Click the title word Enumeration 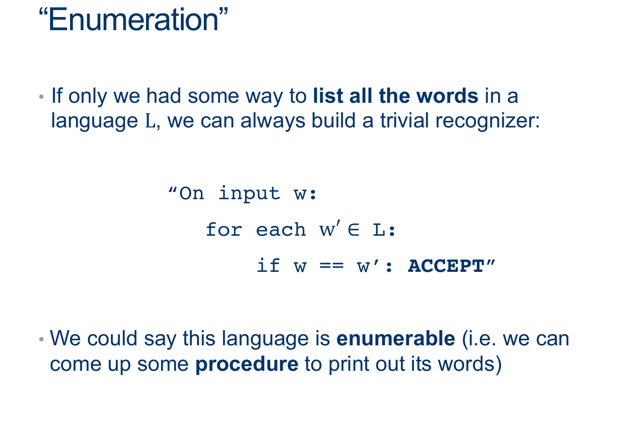133,20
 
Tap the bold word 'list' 328,96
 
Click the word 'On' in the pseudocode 192,193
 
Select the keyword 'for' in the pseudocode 224,229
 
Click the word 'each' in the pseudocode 281,229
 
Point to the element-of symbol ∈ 353,230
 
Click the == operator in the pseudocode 332,266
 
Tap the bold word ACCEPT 446,266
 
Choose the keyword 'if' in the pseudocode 268,265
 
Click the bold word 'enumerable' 396,339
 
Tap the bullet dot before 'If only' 41,97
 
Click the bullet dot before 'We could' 41,339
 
